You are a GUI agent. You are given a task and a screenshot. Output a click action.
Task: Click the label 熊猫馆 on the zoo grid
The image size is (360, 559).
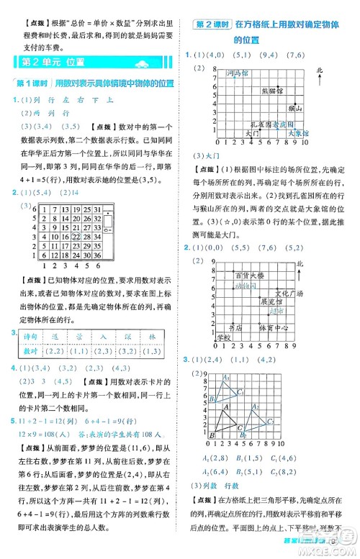coord(272,91)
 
